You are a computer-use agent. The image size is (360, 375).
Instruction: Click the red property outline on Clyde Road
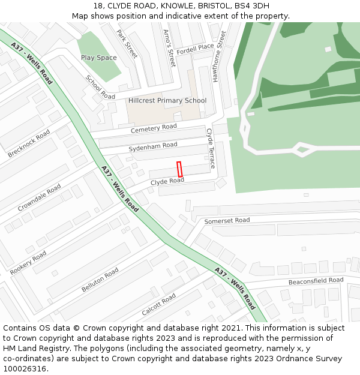pos(179,169)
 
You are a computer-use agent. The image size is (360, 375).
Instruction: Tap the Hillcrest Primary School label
pos(167,101)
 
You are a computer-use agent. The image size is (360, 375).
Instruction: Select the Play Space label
pos(99,58)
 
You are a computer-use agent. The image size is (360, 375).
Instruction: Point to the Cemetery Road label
pos(154,128)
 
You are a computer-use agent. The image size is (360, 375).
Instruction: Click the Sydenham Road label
pos(153,146)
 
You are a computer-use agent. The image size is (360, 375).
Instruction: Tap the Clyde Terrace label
pos(211,148)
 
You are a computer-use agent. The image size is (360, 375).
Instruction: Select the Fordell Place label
pos(195,47)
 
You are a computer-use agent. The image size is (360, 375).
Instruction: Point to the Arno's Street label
pos(169,47)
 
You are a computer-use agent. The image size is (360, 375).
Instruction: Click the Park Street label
pos(127,44)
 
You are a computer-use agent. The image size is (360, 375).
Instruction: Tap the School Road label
pos(100,88)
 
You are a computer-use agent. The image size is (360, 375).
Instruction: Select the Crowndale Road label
pos(39,197)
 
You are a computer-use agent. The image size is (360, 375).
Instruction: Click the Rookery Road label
pos(28,263)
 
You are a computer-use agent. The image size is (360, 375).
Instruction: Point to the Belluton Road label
pos(100,280)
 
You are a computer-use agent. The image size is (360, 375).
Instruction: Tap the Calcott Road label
pos(158,305)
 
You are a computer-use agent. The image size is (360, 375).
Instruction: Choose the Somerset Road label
pos(227,221)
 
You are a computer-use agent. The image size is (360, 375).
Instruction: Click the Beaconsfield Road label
pos(316,281)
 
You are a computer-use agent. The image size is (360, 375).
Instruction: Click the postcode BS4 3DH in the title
pos(253,5)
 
